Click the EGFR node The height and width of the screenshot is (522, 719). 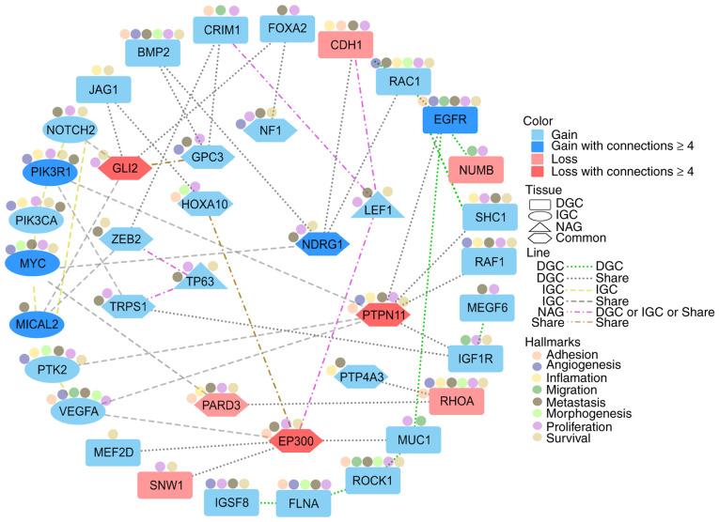(x=451, y=121)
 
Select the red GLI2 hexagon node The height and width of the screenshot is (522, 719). (x=125, y=168)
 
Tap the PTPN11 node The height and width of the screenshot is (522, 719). (x=384, y=315)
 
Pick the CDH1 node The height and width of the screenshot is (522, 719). (x=345, y=44)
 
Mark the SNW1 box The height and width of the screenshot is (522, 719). (x=164, y=486)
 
